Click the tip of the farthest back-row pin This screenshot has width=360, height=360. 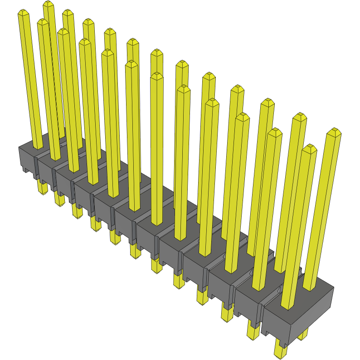(x=49, y=5)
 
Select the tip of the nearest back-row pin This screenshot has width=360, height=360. (x=334, y=132)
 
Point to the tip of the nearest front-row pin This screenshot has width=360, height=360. (x=309, y=148)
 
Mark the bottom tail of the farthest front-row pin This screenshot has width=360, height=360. (x=42, y=187)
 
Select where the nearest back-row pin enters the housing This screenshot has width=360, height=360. (x=310, y=288)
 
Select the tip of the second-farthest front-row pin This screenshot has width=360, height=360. (x=42, y=22)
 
